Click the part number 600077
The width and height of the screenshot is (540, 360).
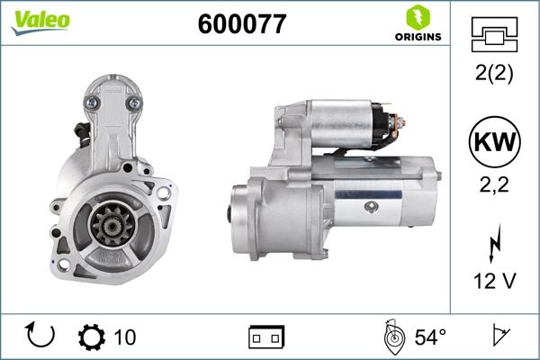pos(241,24)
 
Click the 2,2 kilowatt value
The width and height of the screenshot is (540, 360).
pos(493,185)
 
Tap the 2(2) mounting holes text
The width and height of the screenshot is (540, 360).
pos(493,76)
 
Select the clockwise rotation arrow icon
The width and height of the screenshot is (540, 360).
pos(41,337)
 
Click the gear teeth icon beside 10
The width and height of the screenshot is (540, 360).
pos(92,337)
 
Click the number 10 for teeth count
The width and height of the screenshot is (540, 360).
pos(126,337)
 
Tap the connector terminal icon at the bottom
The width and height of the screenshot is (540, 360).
pos(266,337)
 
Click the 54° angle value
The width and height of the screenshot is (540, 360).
pos(430,337)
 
